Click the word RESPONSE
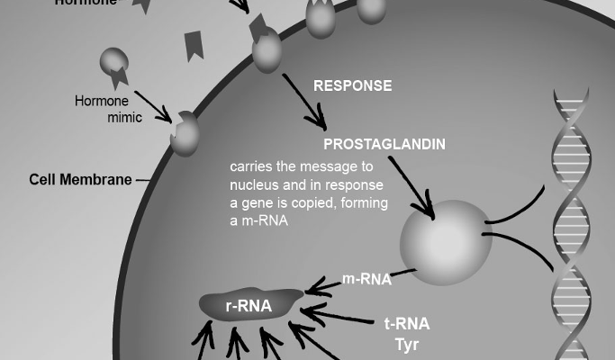352,86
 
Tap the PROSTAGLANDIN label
384,144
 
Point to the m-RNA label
366,279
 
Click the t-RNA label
406,324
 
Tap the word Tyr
407,344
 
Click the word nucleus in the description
255,184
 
